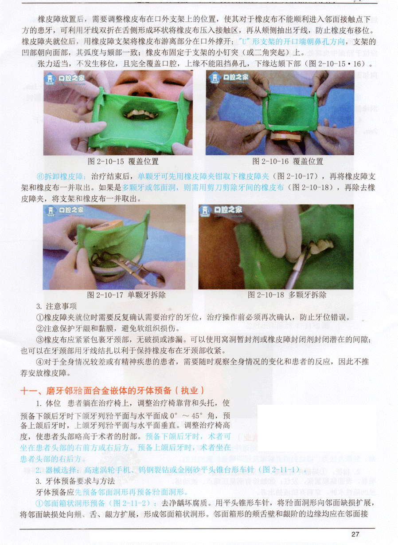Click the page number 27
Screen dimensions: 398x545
point(355,534)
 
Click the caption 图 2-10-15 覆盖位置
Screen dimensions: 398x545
point(123,161)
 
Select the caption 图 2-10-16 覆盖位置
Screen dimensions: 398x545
point(288,161)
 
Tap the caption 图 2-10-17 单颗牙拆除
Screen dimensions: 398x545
point(126,295)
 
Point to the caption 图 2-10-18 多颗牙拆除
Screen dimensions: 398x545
point(287,295)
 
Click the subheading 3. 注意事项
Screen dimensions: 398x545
point(56,306)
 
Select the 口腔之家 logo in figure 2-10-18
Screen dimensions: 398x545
point(221,210)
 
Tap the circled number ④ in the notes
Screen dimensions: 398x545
point(40,362)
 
